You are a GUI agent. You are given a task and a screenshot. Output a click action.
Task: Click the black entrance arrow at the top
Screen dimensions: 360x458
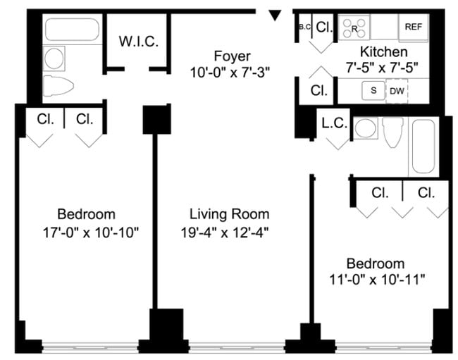(276, 14)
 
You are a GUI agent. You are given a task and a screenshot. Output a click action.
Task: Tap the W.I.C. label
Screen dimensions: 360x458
(138, 41)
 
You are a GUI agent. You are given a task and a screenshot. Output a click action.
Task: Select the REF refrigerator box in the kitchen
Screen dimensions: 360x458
(413, 27)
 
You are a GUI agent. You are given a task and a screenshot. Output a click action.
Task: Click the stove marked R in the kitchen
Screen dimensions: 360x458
(354, 28)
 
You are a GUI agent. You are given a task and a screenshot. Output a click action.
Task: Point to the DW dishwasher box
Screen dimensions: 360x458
(397, 90)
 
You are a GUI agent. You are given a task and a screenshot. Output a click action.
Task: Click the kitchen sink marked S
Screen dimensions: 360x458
(373, 90)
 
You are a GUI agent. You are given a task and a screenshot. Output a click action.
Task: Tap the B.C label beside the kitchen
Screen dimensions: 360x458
(304, 27)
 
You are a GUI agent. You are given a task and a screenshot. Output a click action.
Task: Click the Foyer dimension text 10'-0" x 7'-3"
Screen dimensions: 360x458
(230, 71)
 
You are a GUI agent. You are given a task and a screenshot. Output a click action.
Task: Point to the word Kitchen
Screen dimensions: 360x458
(383, 52)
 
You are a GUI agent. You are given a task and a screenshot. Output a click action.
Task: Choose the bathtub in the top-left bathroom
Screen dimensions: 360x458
(73, 30)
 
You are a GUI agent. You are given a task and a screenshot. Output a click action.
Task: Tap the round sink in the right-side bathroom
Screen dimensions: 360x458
(365, 128)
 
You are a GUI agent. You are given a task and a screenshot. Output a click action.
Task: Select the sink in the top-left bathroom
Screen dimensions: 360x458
(54, 56)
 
